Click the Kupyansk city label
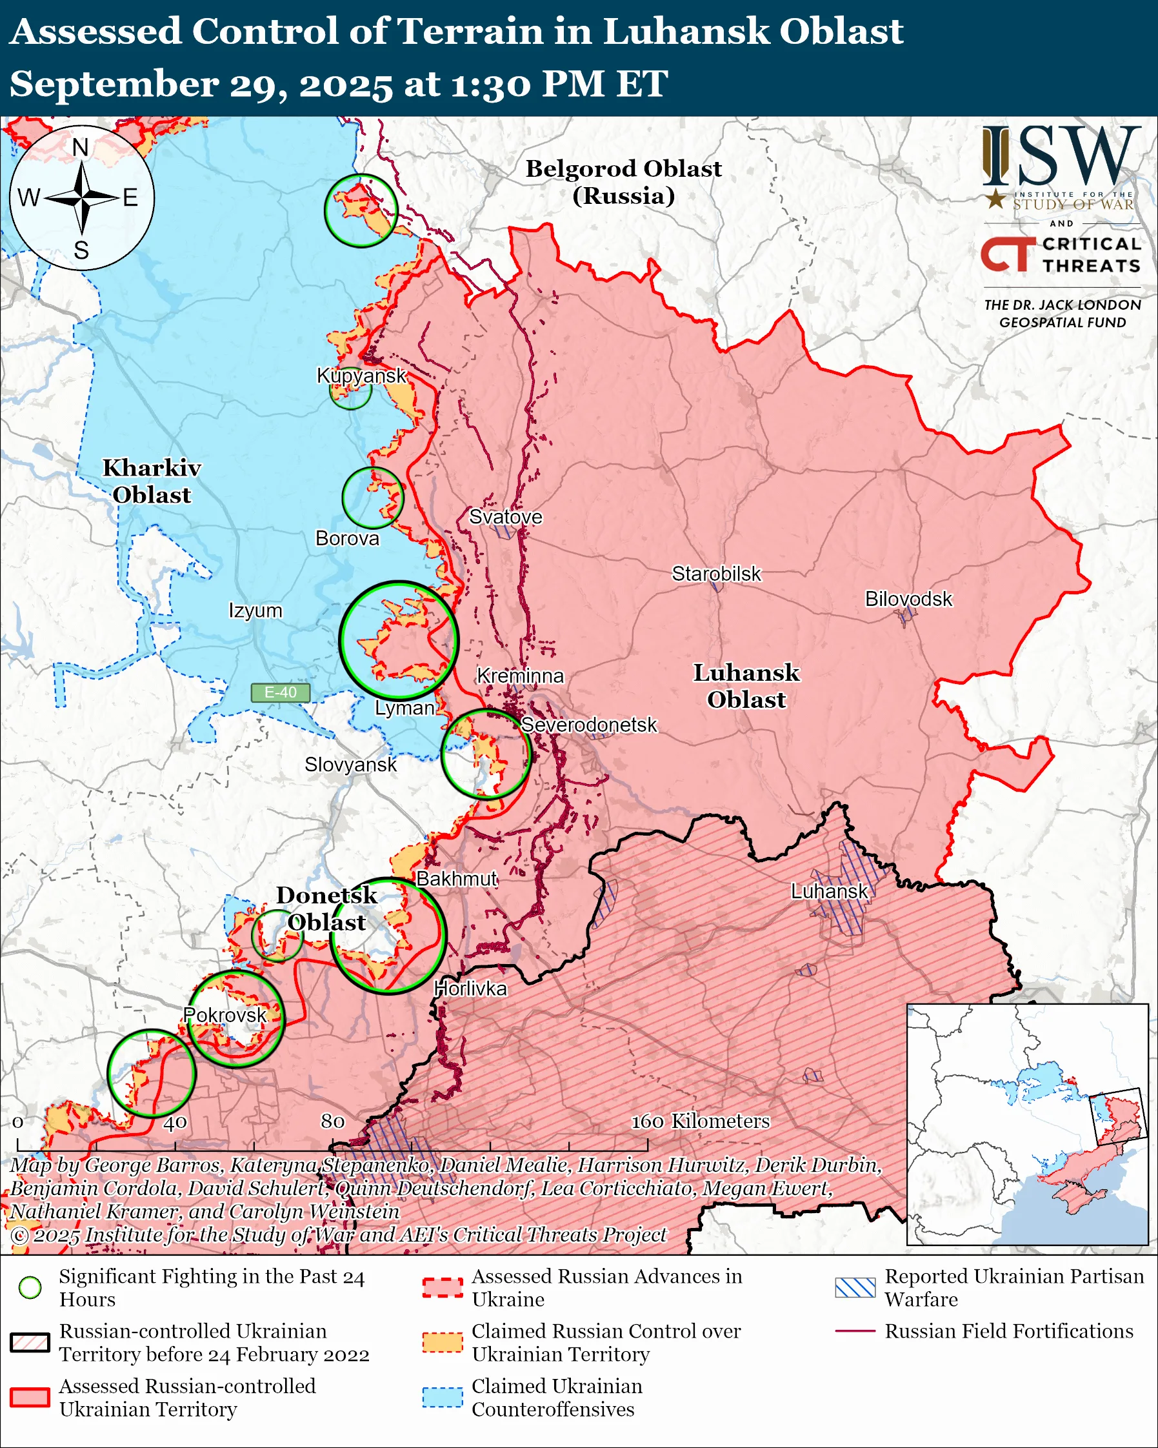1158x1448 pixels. (x=361, y=376)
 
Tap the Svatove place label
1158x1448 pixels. (x=505, y=516)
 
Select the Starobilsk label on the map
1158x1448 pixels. (x=716, y=574)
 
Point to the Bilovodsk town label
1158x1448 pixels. (x=908, y=598)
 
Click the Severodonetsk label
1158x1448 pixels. (x=589, y=725)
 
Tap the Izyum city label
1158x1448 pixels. (x=255, y=610)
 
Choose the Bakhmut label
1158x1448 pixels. (x=457, y=878)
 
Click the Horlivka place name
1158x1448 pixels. (x=470, y=988)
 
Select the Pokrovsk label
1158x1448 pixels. (x=225, y=1015)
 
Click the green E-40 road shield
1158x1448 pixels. (x=280, y=692)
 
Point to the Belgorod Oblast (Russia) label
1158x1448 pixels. (x=623, y=181)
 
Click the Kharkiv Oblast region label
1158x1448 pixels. (x=152, y=481)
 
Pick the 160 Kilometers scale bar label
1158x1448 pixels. (x=700, y=1120)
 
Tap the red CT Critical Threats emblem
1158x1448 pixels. (x=1008, y=254)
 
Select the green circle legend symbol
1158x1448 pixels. (x=30, y=1287)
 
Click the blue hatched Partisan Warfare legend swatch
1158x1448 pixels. (x=855, y=1287)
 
